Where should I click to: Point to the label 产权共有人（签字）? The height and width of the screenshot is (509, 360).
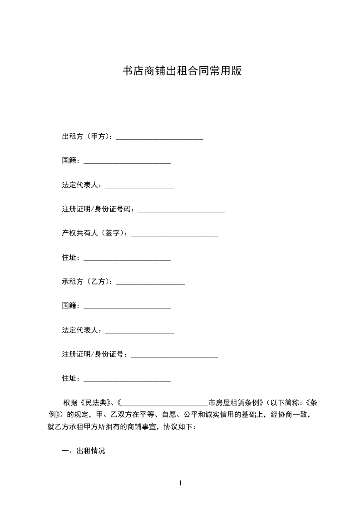point(94,233)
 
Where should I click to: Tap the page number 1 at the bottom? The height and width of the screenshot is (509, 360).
point(180,483)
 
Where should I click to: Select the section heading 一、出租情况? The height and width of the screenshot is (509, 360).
point(84,451)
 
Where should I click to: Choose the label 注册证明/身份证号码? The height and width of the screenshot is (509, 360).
point(96,209)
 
